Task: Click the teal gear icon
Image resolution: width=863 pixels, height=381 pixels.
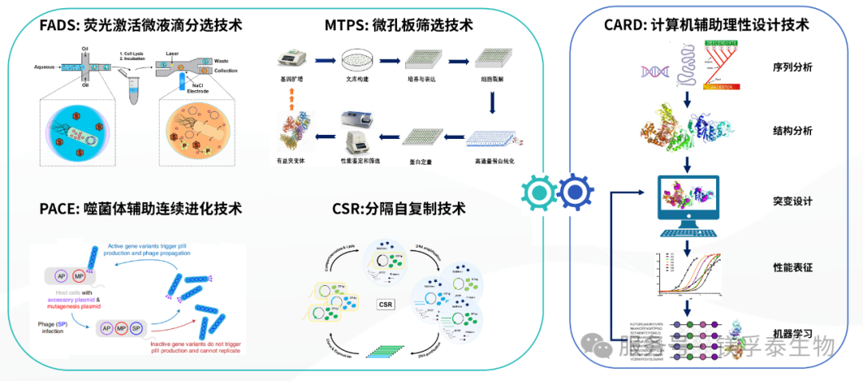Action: (x=539, y=191)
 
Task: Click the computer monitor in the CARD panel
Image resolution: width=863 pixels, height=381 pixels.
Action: (x=686, y=200)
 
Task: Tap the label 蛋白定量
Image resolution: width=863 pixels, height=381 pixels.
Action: (x=420, y=161)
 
